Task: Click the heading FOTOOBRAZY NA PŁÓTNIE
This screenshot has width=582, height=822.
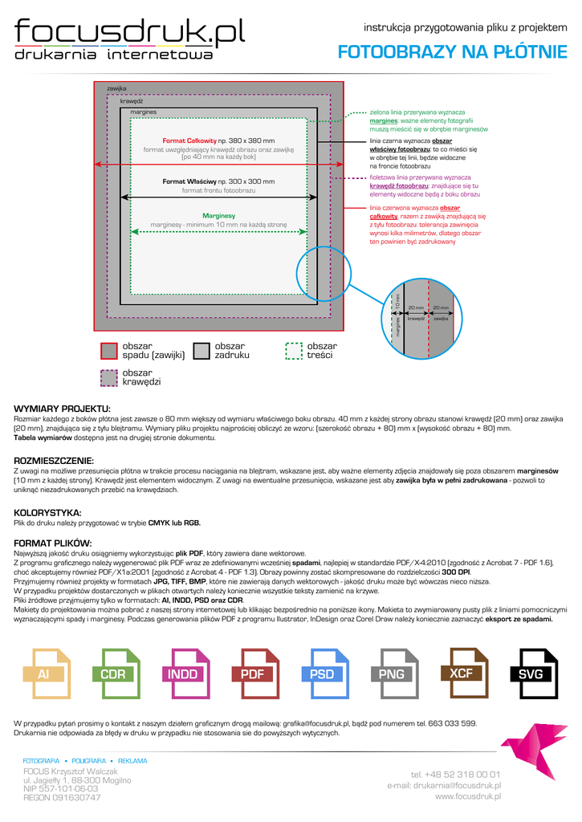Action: point(452,53)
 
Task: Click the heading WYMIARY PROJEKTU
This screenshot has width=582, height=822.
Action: point(63,409)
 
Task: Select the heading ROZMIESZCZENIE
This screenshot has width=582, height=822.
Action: point(55,461)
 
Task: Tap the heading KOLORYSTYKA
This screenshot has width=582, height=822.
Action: point(48,512)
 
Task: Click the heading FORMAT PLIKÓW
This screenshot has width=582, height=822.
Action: point(54,543)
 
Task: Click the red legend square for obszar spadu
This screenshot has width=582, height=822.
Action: point(109,350)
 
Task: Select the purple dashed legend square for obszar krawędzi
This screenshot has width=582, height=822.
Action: point(109,377)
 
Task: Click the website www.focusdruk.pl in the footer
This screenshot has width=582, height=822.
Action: point(468,796)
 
